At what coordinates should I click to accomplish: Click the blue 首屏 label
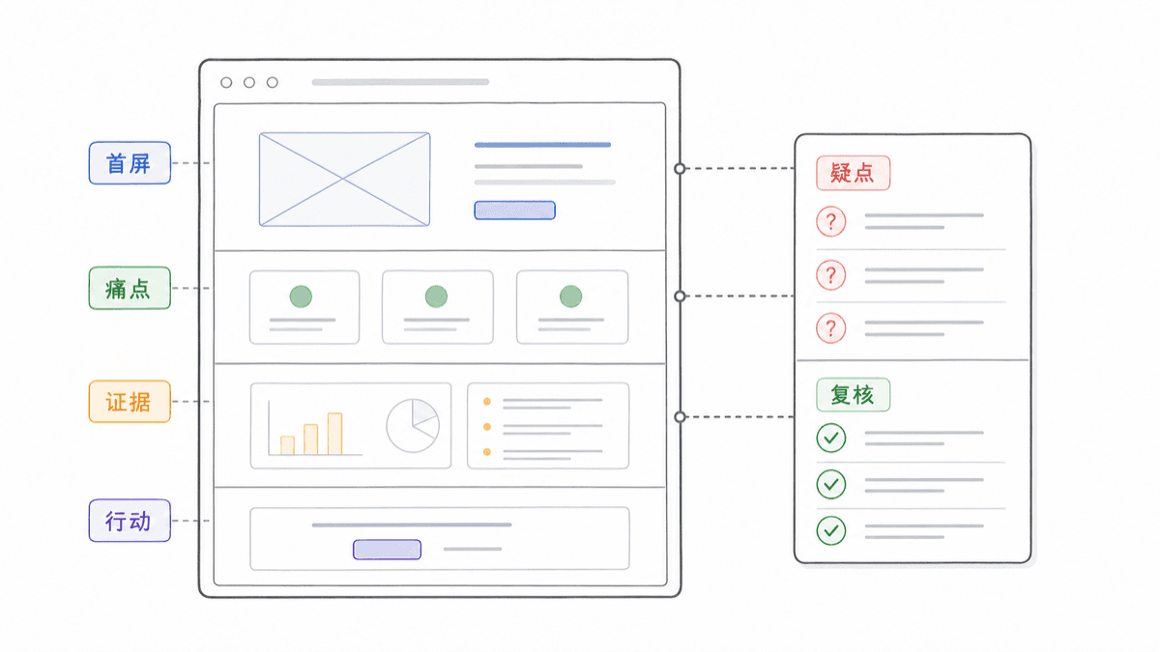click(x=130, y=163)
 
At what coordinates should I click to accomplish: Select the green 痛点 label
click(x=130, y=288)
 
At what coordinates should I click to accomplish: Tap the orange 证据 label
click(x=130, y=402)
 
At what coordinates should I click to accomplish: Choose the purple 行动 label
click(x=130, y=521)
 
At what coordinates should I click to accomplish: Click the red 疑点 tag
click(x=853, y=173)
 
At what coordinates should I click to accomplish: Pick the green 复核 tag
click(x=853, y=395)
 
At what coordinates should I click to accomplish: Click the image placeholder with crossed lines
click(x=344, y=179)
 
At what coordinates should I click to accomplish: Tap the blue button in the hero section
click(x=514, y=211)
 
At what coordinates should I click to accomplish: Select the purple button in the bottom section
click(x=387, y=550)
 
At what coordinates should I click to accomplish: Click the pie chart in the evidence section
click(x=413, y=425)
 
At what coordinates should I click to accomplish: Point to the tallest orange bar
click(x=334, y=434)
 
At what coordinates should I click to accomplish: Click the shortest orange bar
click(x=287, y=445)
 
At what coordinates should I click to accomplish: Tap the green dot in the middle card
click(x=436, y=297)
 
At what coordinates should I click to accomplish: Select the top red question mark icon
click(x=831, y=221)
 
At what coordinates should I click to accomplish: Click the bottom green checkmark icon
click(x=831, y=530)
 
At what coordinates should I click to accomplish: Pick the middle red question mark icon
click(x=831, y=274)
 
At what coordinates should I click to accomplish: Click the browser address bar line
click(x=400, y=82)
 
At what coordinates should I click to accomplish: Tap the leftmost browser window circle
click(x=226, y=82)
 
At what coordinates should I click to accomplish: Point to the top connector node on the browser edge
click(x=680, y=169)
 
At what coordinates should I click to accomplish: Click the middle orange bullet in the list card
click(x=487, y=427)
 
